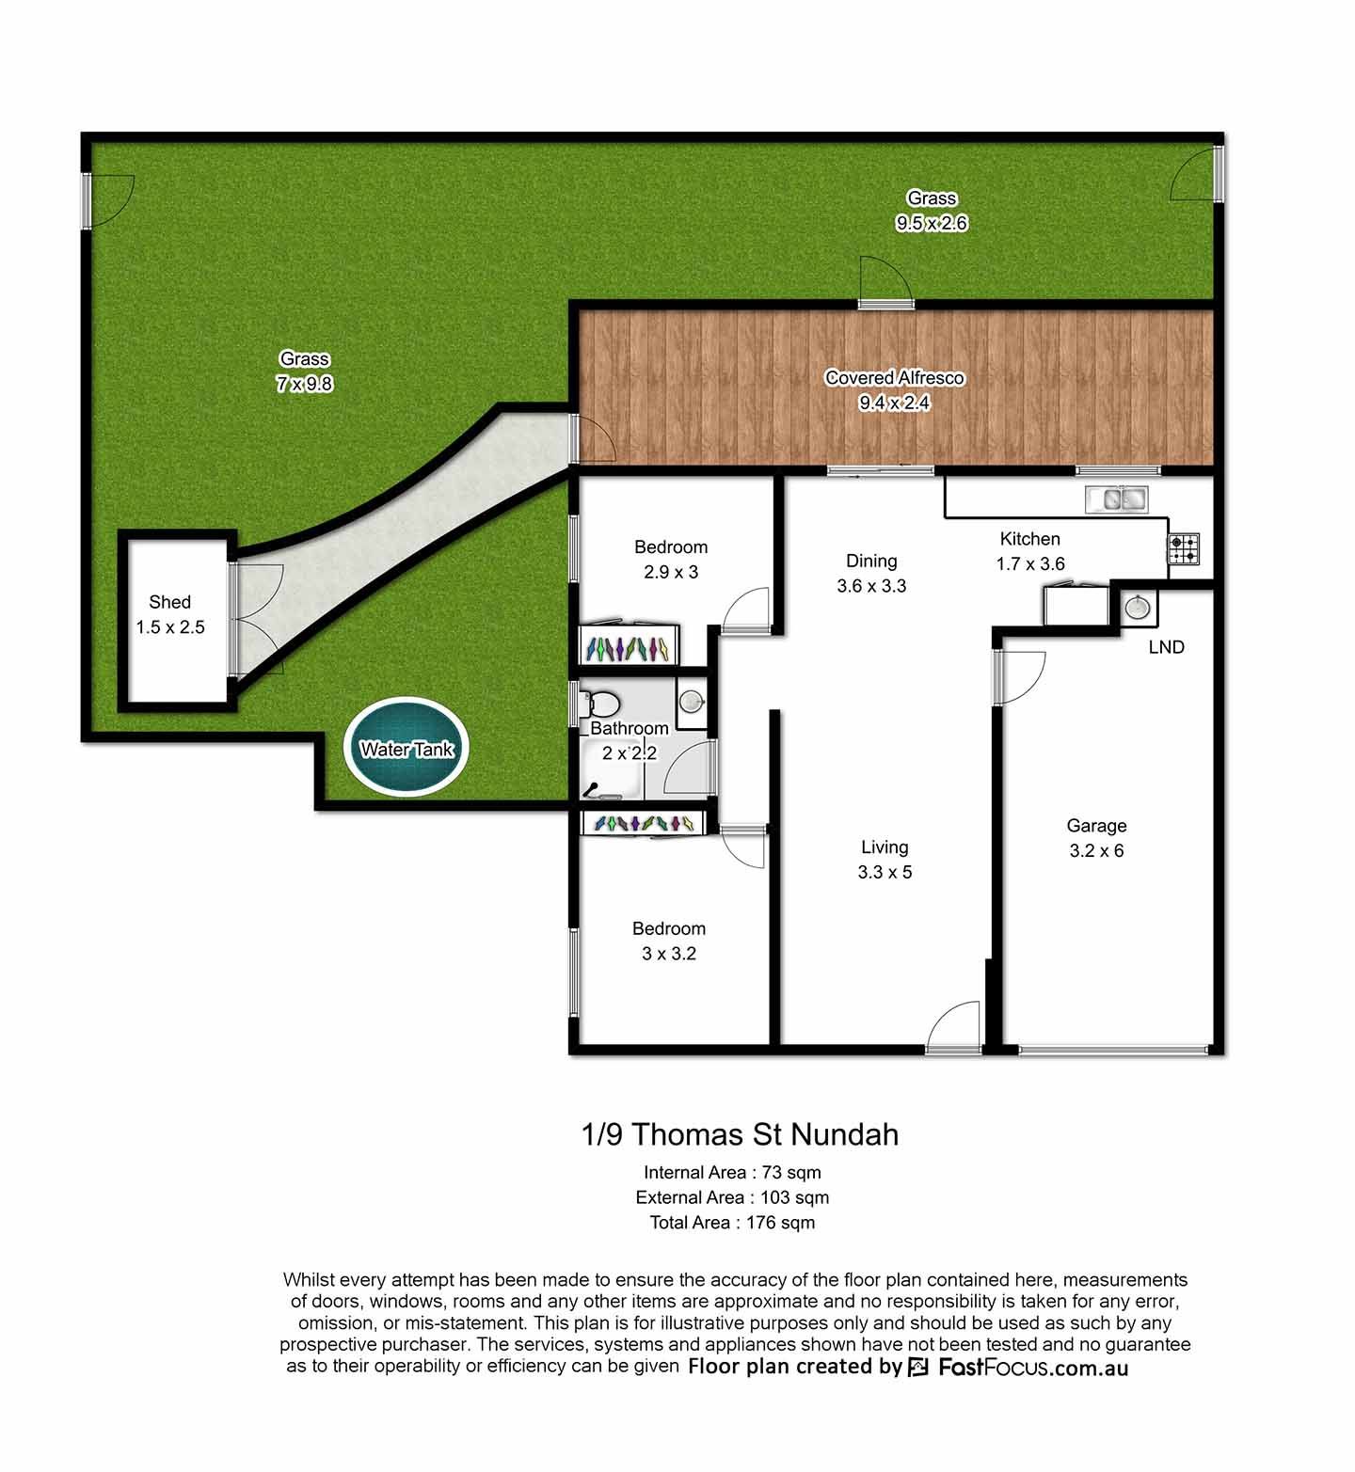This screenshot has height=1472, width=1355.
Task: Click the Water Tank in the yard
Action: tap(406, 748)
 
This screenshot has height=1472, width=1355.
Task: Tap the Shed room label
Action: tap(169, 602)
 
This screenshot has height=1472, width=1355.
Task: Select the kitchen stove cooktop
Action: tap(1184, 548)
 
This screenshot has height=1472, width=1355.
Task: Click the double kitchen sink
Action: tap(1116, 499)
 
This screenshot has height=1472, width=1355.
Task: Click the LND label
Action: tap(1166, 647)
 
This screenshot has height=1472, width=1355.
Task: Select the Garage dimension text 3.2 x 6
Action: tap(1096, 851)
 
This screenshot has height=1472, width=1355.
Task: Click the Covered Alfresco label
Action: tap(894, 378)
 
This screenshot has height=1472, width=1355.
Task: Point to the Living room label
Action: tap(885, 847)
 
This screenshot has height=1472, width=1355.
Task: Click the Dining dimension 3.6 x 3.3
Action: tap(871, 586)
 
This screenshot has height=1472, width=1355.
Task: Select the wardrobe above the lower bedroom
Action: tap(644, 822)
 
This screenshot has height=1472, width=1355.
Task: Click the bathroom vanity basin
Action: tap(692, 700)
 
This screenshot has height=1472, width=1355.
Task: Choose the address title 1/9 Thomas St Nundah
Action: tap(741, 1134)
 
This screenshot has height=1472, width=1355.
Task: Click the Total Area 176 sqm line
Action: tap(732, 1223)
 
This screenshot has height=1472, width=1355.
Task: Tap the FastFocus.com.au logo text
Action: tap(1033, 1368)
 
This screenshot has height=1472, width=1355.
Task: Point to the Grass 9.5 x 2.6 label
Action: tap(932, 211)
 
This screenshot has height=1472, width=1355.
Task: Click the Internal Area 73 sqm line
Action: tap(732, 1173)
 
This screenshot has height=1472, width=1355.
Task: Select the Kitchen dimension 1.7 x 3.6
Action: tap(1030, 564)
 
